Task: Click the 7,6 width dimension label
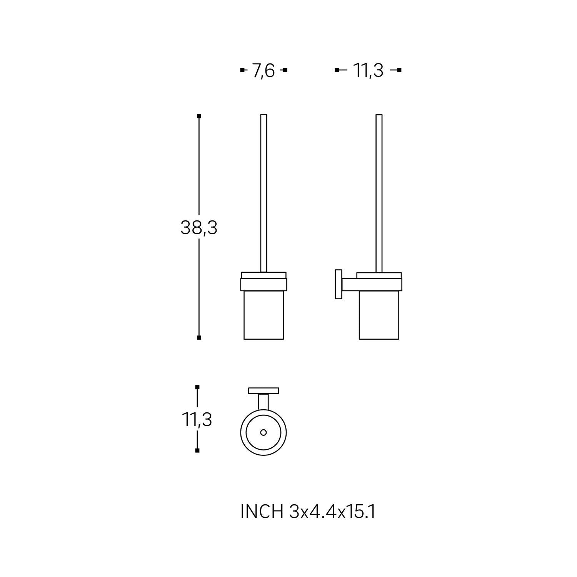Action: click(263, 71)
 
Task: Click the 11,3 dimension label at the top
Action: click(368, 71)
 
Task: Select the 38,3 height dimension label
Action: click(199, 228)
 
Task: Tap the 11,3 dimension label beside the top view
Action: click(197, 419)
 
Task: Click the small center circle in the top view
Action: click(263, 432)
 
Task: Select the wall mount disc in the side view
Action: click(338, 284)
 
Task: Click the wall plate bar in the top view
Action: click(263, 391)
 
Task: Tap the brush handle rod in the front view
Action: click(264, 193)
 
